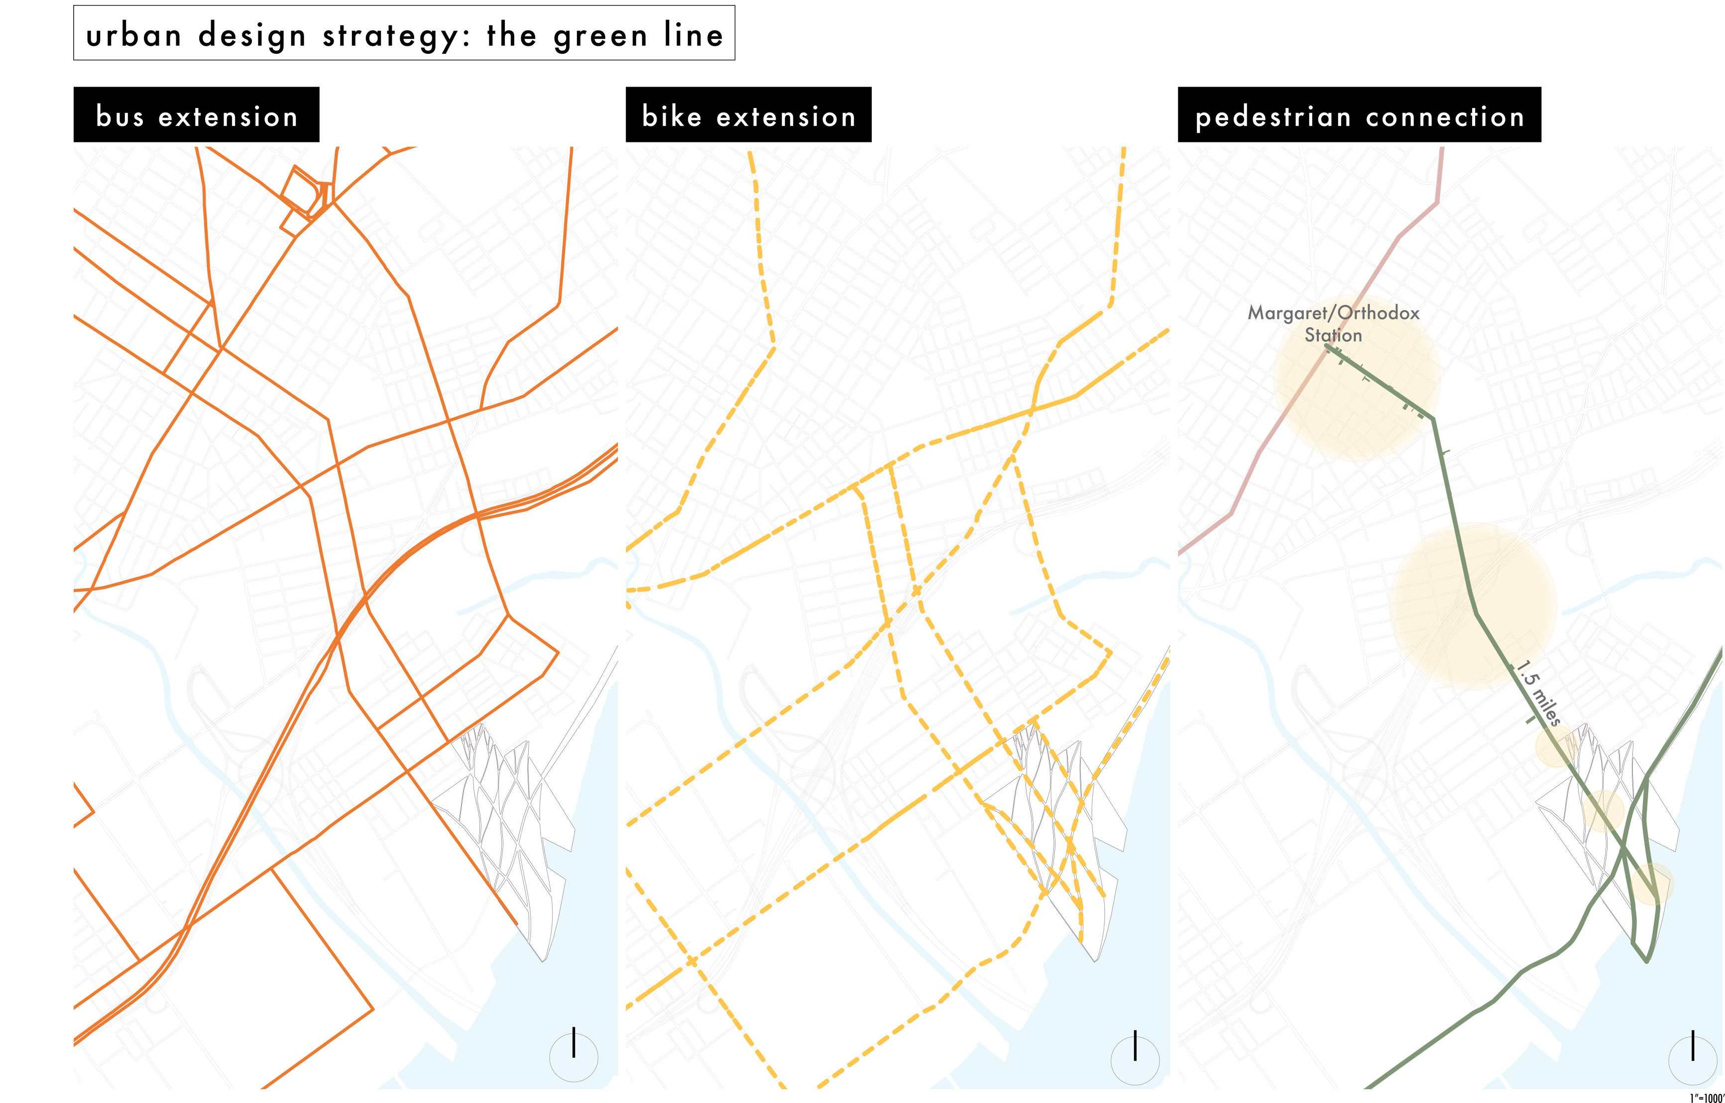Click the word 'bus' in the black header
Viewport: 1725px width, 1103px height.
coord(119,116)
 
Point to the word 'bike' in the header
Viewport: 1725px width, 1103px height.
coord(671,116)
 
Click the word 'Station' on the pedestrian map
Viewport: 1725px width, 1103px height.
coord(1332,335)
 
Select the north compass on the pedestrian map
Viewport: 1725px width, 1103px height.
coord(1692,1057)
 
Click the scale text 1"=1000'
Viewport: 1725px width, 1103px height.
coord(1707,1097)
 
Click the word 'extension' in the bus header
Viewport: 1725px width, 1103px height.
coord(228,116)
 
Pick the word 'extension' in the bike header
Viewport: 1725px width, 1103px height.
coord(786,116)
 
